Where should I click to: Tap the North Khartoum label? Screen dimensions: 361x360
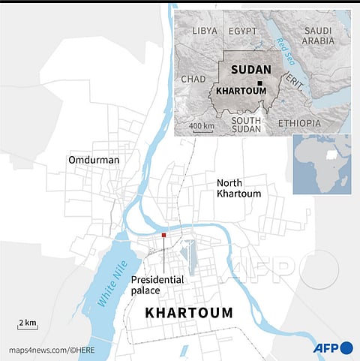238,188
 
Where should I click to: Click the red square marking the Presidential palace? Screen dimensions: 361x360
163,236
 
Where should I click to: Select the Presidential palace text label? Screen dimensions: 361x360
157,285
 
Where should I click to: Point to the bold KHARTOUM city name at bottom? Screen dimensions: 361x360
188,312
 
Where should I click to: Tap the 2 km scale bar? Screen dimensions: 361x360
28,324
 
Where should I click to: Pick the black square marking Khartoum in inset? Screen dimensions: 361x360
259,84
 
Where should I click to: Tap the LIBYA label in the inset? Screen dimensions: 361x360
205,31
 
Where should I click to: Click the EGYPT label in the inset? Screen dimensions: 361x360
242,31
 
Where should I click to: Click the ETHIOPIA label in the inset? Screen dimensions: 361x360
298,122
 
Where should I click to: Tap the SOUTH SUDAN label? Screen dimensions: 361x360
245,125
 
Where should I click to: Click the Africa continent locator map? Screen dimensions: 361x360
322,164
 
